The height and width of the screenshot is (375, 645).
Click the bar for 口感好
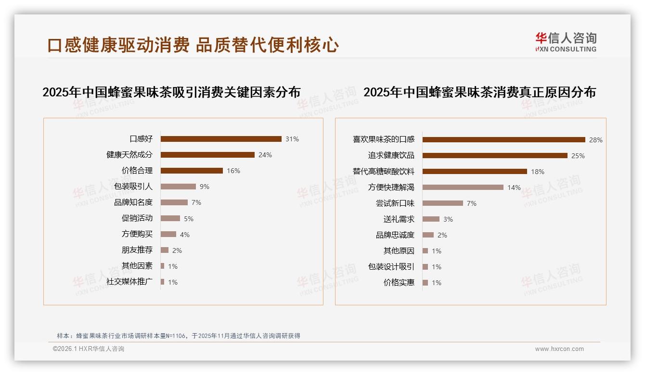[x=221, y=139]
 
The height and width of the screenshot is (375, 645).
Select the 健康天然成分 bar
[x=207, y=155]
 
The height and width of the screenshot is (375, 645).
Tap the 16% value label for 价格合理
[x=233, y=171]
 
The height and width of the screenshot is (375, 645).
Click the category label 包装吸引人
[x=133, y=187]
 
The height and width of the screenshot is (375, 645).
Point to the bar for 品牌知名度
[x=174, y=202]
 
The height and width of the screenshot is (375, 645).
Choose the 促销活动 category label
[x=137, y=218]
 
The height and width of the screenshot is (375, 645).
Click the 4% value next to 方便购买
[x=185, y=235]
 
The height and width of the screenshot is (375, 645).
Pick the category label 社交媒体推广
[x=129, y=282]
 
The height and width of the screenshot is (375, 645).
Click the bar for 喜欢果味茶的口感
[x=503, y=139]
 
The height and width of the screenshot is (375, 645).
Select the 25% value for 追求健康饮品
[x=578, y=156]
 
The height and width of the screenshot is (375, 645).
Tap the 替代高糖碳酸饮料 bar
[x=475, y=171]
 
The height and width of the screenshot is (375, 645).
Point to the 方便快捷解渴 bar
[x=463, y=187]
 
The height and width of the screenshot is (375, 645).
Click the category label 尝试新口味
[x=395, y=203]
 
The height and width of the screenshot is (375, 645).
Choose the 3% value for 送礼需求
[x=448, y=219]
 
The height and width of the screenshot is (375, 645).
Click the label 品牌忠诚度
[x=395, y=235]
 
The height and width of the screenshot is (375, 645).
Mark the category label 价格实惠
[x=399, y=283]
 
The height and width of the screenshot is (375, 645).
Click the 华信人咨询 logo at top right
[x=566, y=42]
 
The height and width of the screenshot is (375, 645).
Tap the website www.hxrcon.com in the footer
[x=559, y=349]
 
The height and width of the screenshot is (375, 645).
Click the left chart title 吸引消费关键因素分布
[x=171, y=92]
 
